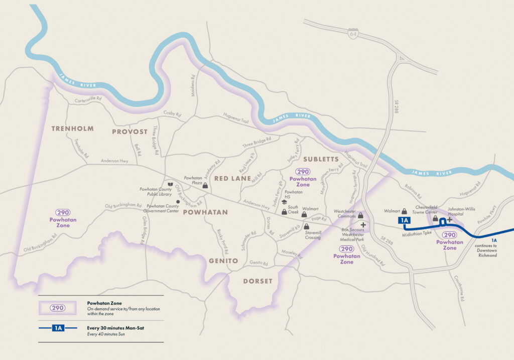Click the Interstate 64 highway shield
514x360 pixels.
coord(353,34)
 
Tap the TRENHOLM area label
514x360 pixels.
coord(72,129)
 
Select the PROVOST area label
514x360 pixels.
coord(130,132)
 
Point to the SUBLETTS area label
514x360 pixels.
coord(321,159)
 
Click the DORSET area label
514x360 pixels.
coord(258,281)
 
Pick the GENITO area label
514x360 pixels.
coord(224,261)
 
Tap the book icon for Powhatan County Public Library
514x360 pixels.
coord(171,185)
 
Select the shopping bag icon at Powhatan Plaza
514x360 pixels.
coord(205,185)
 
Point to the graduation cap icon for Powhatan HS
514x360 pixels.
coord(284,202)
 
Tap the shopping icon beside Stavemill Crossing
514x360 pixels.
coord(306,226)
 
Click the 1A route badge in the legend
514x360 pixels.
coord(58,328)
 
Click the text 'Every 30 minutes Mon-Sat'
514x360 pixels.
coord(116,327)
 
